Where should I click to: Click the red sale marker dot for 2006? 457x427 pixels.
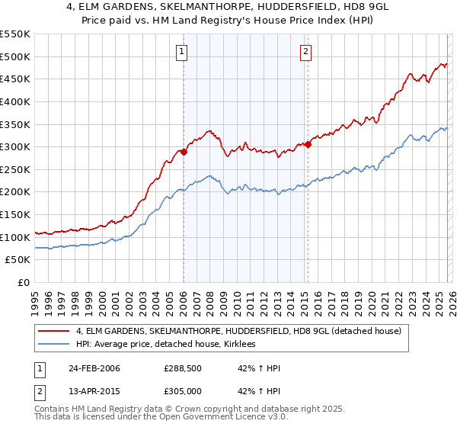click(x=184, y=152)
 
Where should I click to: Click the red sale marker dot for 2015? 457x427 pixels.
click(x=308, y=144)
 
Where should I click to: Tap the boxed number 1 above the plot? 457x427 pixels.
click(x=183, y=52)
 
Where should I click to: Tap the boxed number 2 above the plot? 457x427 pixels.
click(x=305, y=52)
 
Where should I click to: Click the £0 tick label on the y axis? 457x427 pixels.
click(x=23, y=282)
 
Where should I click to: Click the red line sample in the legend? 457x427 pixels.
click(x=53, y=331)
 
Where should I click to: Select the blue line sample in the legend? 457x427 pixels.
click(x=53, y=345)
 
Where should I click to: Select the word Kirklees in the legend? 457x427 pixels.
click(x=243, y=345)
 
